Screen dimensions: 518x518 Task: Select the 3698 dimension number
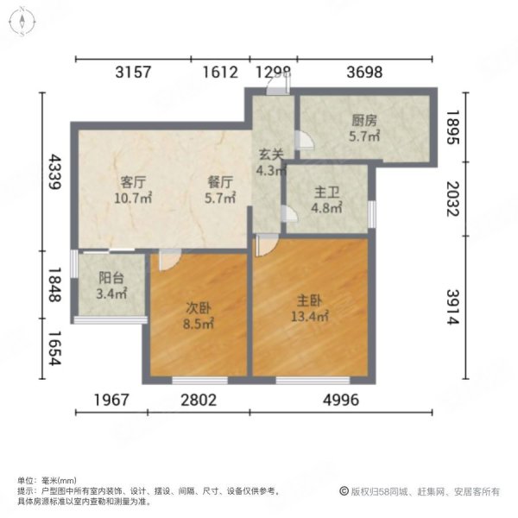point(363,73)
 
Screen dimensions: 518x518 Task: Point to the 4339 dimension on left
point(54,175)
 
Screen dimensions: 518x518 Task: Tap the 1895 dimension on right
point(454,127)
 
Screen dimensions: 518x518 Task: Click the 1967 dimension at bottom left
point(110,400)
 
